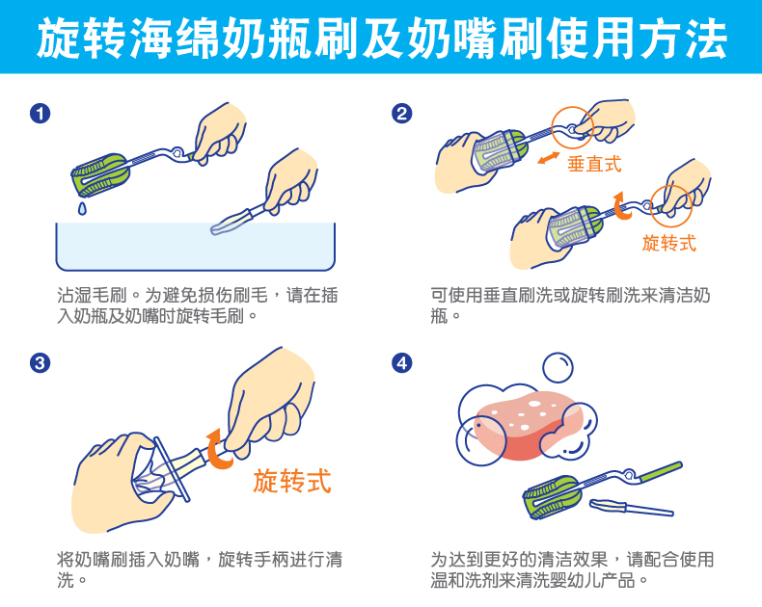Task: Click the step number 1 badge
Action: [40, 114]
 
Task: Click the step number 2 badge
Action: [401, 114]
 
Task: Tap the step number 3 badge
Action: [40, 362]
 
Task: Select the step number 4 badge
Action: [401, 362]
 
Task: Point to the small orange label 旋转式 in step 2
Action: [668, 243]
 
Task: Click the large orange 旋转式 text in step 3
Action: [292, 480]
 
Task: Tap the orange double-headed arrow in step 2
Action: [549, 156]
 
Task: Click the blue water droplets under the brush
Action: [81, 205]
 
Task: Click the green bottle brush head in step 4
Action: [551, 494]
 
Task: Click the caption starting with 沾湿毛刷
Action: [198, 304]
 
